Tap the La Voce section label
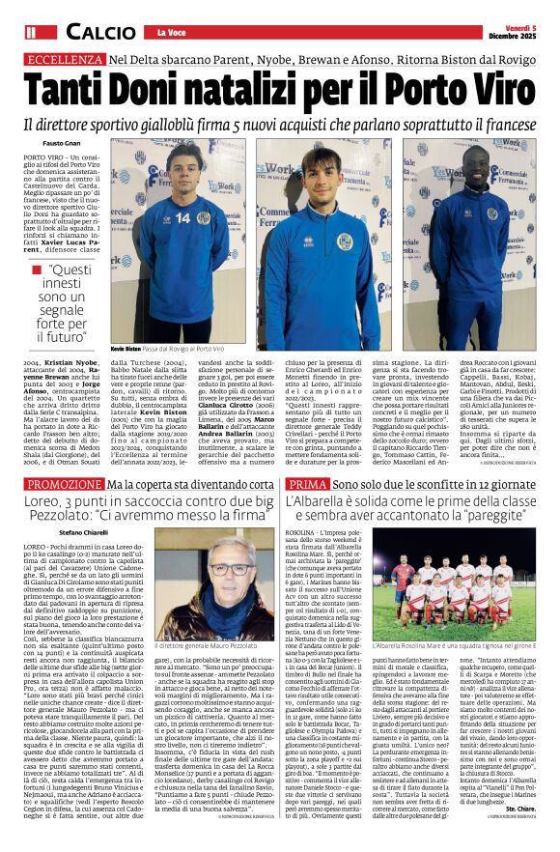[x=172, y=34]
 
